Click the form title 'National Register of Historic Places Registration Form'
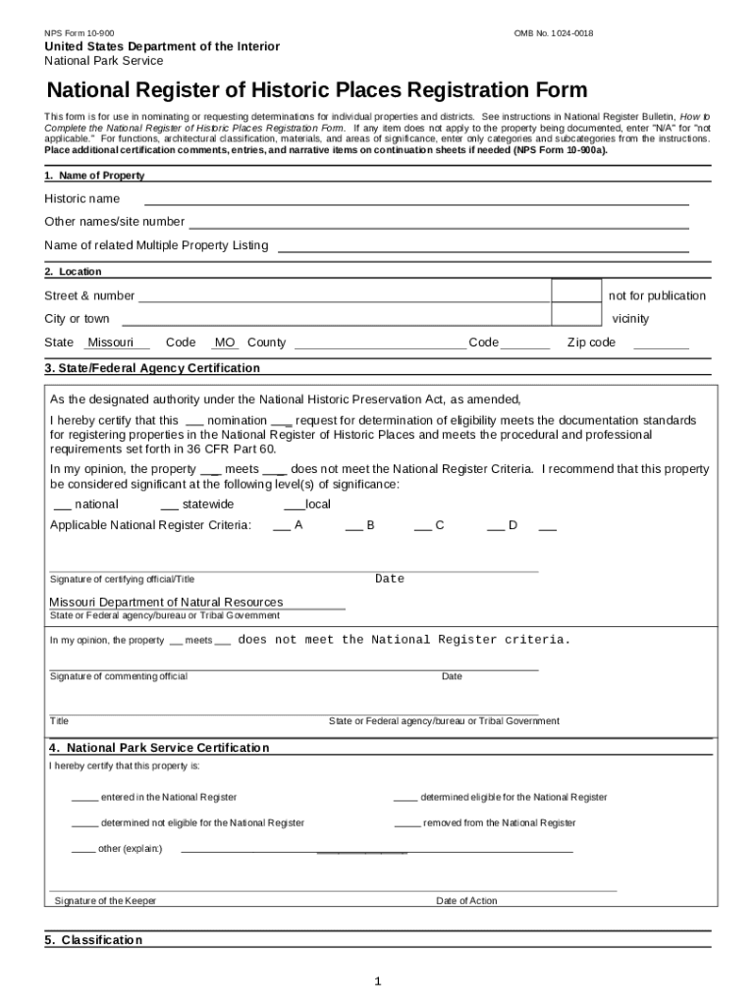click(317, 91)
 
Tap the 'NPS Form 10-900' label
click(79, 33)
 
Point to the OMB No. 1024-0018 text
click(554, 33)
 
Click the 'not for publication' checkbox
click(575, 291)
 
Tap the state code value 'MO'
click(225, 343)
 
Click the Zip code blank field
click(661, 344)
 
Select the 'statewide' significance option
click(168, 504)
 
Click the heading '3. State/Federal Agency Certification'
click(152, 368)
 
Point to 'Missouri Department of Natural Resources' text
click(166, 602)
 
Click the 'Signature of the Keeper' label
click(105, 901)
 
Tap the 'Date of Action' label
click(466, 901)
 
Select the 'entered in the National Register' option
click(84, 797)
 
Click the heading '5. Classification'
click(93, 940)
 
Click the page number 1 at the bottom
click(377, 981)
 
